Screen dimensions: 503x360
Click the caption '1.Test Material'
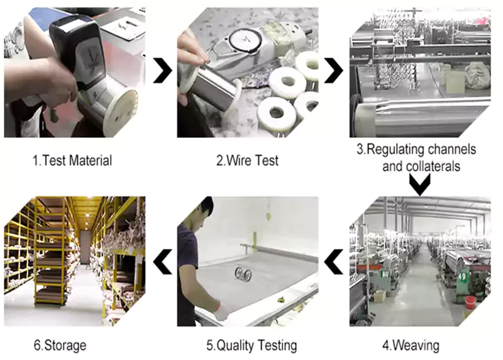click(x=72, y=160)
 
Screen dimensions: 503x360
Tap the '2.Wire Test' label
click(x=247, y=160)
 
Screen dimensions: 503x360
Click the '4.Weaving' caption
click(x=411, y=346)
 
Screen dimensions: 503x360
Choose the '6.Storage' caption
click(x=60, y=346)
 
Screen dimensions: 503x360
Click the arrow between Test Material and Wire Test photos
click(x=162, y=70)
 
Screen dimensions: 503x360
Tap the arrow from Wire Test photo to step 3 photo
click(x=334, y=70)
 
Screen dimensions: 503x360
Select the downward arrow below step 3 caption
click(x=420, y=184)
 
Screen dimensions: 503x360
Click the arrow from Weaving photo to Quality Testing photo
click(x=334, y=262)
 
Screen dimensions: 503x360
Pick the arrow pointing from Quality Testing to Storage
click(x=162, y=262)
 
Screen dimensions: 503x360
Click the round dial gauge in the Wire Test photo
click(x=245, y=40)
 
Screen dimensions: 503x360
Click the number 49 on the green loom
click(x=462, y=276)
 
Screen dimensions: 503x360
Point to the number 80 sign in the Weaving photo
click(x=385, y=274)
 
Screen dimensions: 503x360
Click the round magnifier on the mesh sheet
click(x=243, y=274)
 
